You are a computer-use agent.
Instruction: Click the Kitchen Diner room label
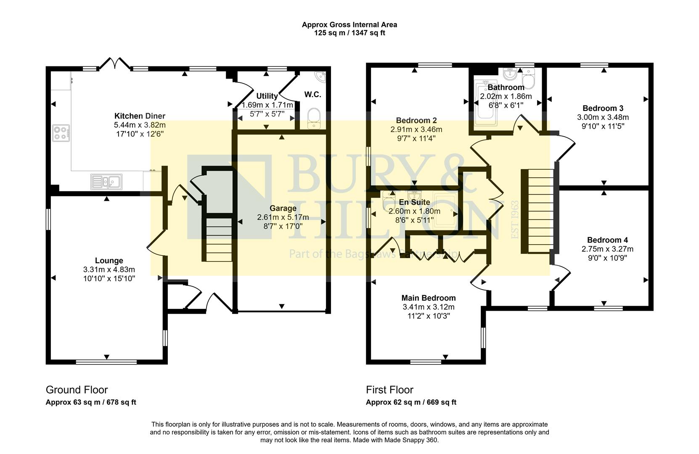point(140,116)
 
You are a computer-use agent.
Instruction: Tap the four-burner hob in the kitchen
point(61,133)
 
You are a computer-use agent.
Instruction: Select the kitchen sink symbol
point(106,182)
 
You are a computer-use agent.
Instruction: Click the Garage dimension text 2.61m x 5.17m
point(283,217)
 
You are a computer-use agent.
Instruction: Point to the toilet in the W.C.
point(314,118)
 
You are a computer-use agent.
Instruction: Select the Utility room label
point(267,96)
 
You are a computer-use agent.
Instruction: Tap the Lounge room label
point(109,261)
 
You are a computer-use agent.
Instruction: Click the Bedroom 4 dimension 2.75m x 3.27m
point(607,249)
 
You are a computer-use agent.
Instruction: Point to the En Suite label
point(414,202)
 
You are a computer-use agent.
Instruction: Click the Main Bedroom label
point(428,298)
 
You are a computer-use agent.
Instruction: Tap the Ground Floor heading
point(77,390)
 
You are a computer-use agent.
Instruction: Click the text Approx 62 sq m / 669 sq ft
point(410,402)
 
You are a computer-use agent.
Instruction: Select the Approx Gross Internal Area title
point(349,24)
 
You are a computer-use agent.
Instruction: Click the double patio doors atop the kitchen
point(114,63)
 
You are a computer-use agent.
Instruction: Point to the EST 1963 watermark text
point(515,220)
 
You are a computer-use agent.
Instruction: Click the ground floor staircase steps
point(219,240)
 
